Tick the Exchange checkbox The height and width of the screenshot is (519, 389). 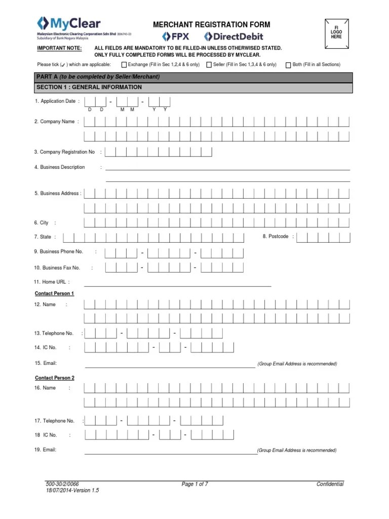pyautogui.click(x=124, y=65)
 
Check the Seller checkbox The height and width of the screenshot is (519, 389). pyautogui.click(x=209, y=65)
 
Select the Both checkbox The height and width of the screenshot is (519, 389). pyautogui.click(x=288, y=65)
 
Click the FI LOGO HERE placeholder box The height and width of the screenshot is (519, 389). pyautogui.click(x=336, y=33)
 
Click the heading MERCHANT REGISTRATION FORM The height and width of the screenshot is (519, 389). pyautogui.click(x=212, y=24)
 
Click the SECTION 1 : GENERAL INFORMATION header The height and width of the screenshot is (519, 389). pyautogui.click(x=89, y=87)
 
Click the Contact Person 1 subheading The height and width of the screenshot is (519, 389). pyautogui.click(x=54, y=293)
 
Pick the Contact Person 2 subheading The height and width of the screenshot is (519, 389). pyautogui.click(x=54, y=378)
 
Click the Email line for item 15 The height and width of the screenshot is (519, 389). pyautogui.click(x=170, y=365)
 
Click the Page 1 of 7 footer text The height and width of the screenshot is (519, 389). pyautogui.click(x=195, y=484)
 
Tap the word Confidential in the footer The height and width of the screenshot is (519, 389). pyautogui.click(x=330, y=484)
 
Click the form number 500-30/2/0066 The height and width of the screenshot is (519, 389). pyautogui.click(x=62, y=484)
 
